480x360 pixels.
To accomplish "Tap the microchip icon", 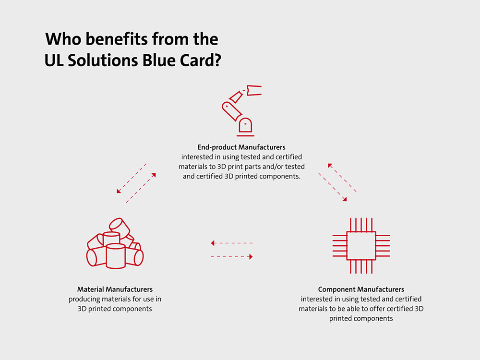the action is tap(361, 245).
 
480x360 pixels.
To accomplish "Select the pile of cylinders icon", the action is tap(115, 243).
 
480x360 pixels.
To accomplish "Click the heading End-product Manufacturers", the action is tap(241, 147).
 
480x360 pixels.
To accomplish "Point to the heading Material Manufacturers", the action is tap(115, 289).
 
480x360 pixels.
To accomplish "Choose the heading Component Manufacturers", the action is tap(361, 289).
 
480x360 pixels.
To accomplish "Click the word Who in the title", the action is tap(63, 39).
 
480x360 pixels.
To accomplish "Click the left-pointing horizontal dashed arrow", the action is tap(232, 243).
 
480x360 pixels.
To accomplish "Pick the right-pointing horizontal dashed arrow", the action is tap(232, 256).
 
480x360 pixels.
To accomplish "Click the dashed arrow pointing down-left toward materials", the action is tap(132, 179).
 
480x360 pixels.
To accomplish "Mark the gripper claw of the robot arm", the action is tap(254, 90).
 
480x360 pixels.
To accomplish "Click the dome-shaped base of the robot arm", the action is tap(245, 125).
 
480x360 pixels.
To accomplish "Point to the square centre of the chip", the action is tap(361, 246).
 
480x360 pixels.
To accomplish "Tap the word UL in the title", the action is tap(54, 60).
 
